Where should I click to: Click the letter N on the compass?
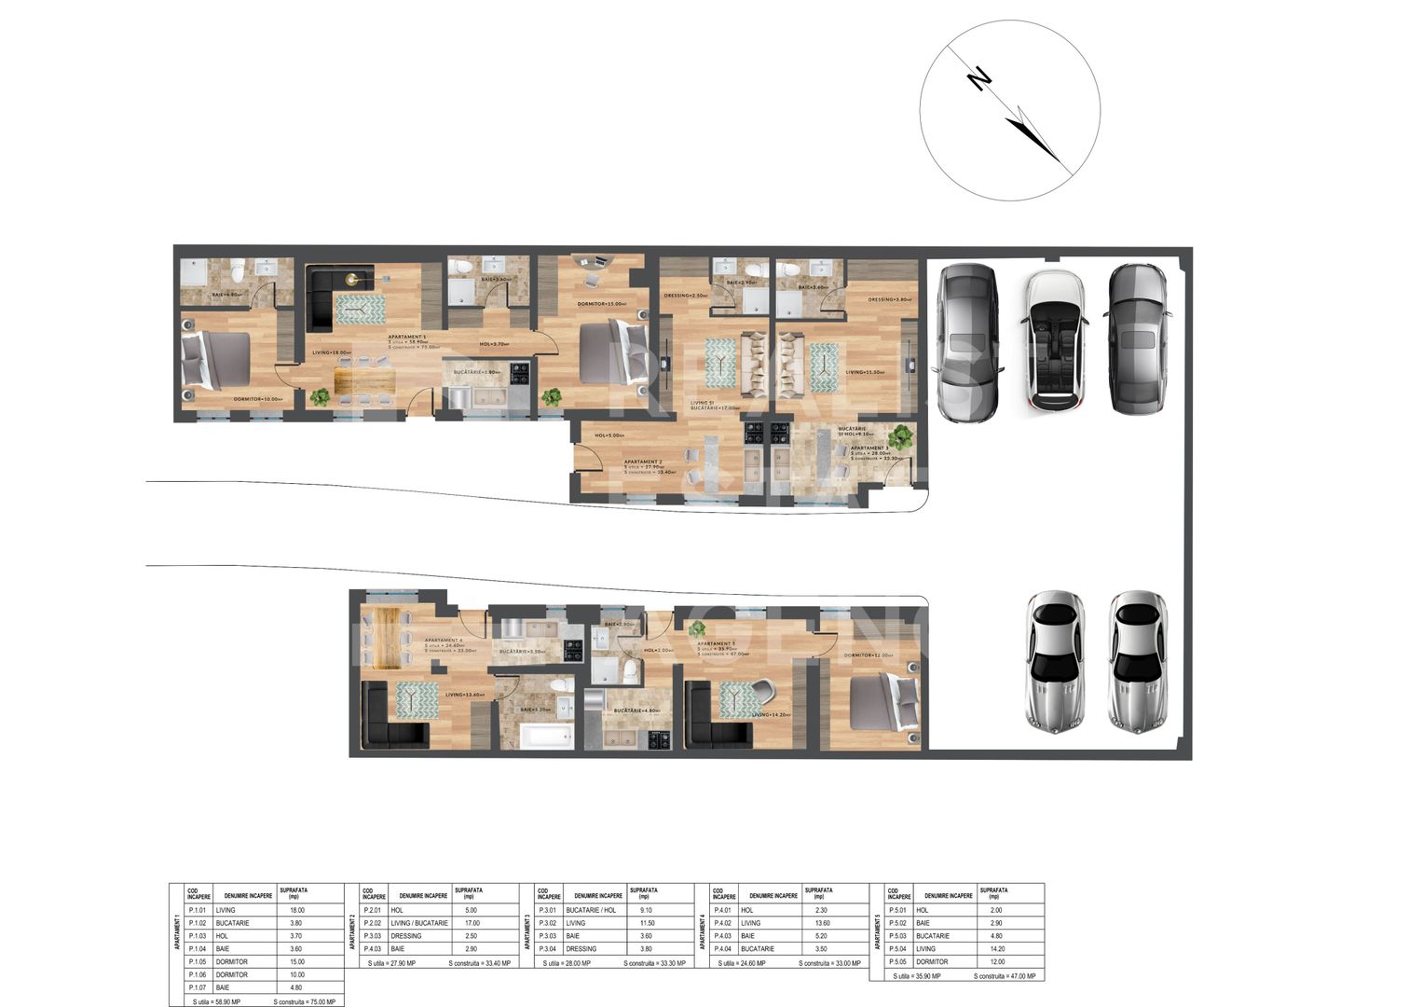point(978,79)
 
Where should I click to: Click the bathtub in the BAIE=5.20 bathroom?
point(545,737)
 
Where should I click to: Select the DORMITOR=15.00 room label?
point(600,304)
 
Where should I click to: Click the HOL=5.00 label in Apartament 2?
point(609,435)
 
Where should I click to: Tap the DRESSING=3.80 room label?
point(889,299)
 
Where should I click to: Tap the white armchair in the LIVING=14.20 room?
point(761,691)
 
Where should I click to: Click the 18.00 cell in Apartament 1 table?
point(298,910)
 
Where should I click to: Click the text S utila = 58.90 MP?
point(216,1001)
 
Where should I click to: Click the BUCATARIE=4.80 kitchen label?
point(636,711)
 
